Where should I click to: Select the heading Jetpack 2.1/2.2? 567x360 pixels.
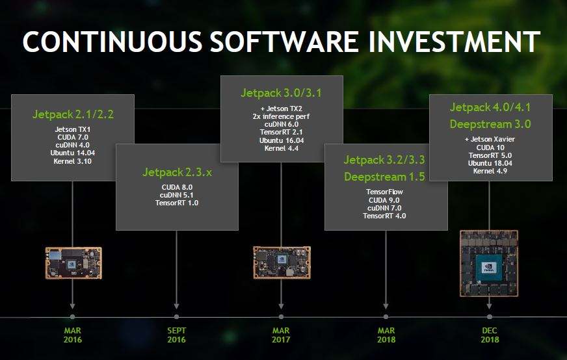(x=73, y=114)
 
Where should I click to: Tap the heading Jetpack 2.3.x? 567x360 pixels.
(x=177, y=172)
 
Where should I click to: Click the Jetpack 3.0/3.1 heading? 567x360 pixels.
(x=282, y=94)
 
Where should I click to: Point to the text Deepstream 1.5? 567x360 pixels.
(x=385, y=177)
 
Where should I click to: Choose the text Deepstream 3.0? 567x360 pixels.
(x=490, y=124)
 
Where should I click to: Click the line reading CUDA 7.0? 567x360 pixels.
(x=73, y=137)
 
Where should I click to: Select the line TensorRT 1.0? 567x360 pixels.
(x=177, y=203)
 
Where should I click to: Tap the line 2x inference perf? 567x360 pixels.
(x=282, y=116)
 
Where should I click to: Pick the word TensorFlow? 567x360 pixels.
(x=384, y=192)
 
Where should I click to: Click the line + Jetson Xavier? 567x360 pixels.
(x=490, y=139)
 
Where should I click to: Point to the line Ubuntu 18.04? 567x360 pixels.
(x=490, y=163)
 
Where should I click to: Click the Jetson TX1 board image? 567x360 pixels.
(x=73, y=263)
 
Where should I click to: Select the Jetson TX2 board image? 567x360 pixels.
(x=282, y=263)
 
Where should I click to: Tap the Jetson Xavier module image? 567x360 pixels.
(x=489, y=263)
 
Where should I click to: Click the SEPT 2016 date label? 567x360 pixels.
(x=176, y=335)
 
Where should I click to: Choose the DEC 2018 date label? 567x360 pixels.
(x=490, y=335)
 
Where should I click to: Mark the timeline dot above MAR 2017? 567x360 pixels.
(x=281, y=317)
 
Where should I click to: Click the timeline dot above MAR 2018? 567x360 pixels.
(x=386, y=317)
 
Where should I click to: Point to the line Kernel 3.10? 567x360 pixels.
(x=73, y=161)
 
